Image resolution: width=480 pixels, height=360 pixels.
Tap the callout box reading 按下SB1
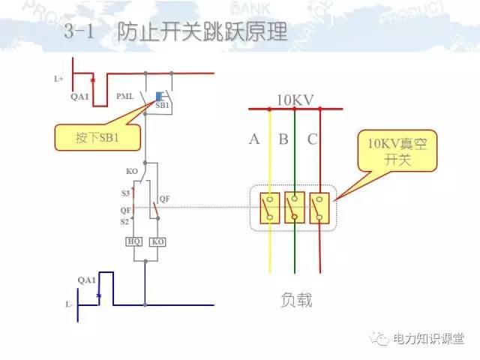(x=97, y=139)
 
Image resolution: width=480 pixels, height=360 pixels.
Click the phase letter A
(x=254, y=139)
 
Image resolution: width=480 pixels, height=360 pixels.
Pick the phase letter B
(x=283, y=139)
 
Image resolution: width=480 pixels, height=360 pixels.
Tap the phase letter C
(x=311, y=139)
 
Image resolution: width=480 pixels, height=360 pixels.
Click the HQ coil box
(x=134, y=242)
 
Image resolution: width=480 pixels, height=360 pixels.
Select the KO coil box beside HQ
(x=157, y=242)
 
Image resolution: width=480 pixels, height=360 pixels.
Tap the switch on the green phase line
(x=295, y=208)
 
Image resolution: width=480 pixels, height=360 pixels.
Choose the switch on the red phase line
(x=320, y=208)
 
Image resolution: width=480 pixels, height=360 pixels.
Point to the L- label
(x=68, y=305)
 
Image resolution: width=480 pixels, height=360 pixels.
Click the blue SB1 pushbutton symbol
(x=160, y=96)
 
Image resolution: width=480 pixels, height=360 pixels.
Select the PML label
(x=125, y=97)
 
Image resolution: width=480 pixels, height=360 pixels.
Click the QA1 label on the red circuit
(x=79, y=97)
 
